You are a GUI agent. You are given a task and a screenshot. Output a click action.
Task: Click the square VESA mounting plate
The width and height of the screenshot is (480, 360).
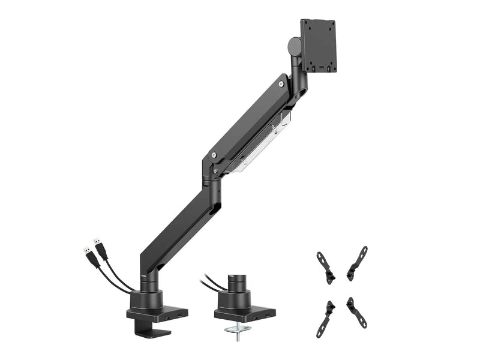pos(318,46)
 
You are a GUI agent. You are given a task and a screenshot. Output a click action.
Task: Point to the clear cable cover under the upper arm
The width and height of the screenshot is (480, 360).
pos(264,144)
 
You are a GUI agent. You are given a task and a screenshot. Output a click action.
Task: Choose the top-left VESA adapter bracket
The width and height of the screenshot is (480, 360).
pos(327,267)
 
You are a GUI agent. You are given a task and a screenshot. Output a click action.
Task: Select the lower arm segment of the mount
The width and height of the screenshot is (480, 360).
pos(180,225)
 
